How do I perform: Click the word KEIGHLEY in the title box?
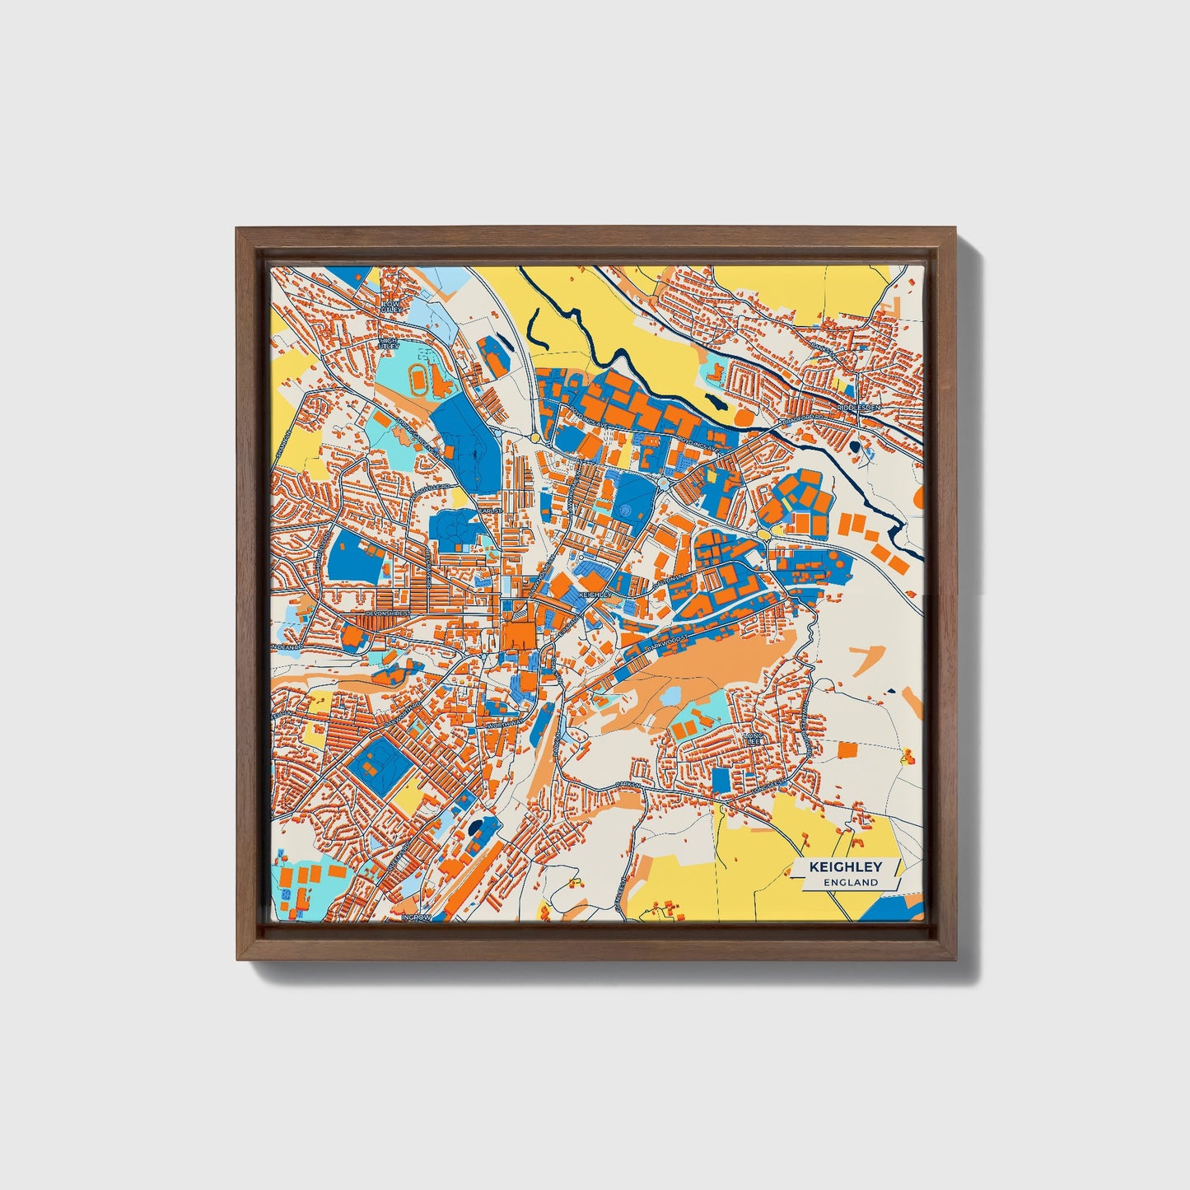click(845, 867)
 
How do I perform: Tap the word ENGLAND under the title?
click(855, 882)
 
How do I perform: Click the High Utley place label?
click(388, 342)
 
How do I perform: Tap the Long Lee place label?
click(754, 738)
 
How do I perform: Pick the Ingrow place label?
click(416, 917)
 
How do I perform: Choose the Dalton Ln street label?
click(669, 581)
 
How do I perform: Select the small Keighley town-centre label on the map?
click(595, 594)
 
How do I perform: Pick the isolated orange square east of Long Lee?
click(847, 749)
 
